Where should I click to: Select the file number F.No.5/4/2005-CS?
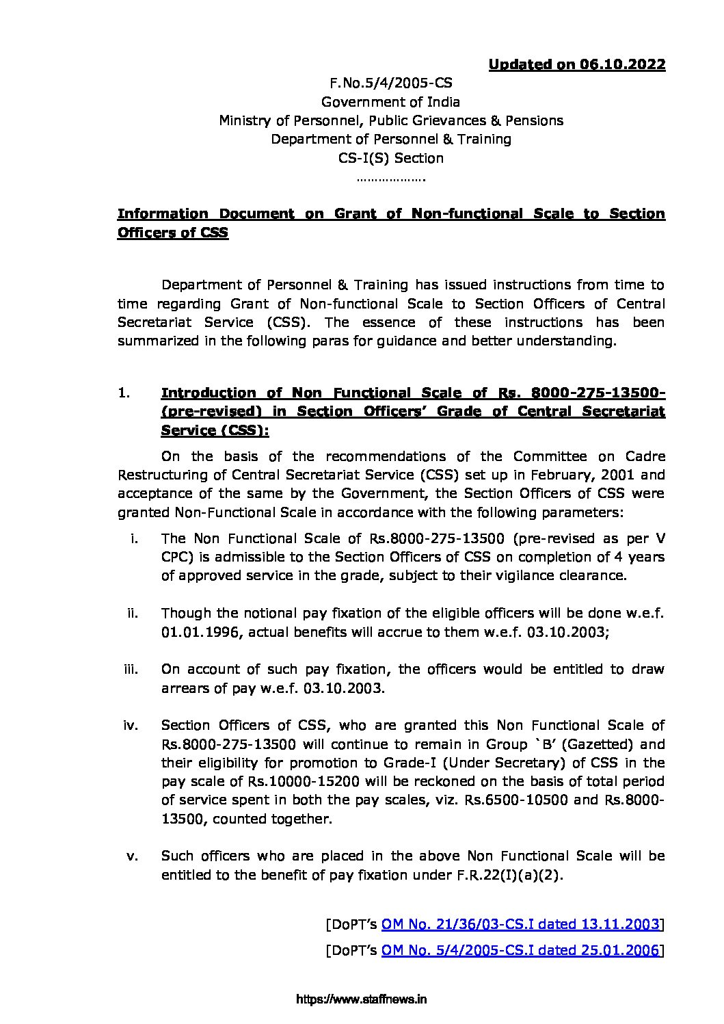(390, 83)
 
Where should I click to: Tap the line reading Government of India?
(390, 102)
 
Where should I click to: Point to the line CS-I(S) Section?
(390, 158)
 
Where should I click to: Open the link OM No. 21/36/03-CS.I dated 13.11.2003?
(520, 925)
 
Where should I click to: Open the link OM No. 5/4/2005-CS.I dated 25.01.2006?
(520, 950)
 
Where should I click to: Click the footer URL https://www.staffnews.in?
(362, 999)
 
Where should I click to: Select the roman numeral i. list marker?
(135, 539)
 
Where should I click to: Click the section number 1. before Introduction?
(123, 393)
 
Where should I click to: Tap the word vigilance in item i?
(509, 576)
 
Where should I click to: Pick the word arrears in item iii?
(185, 688)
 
